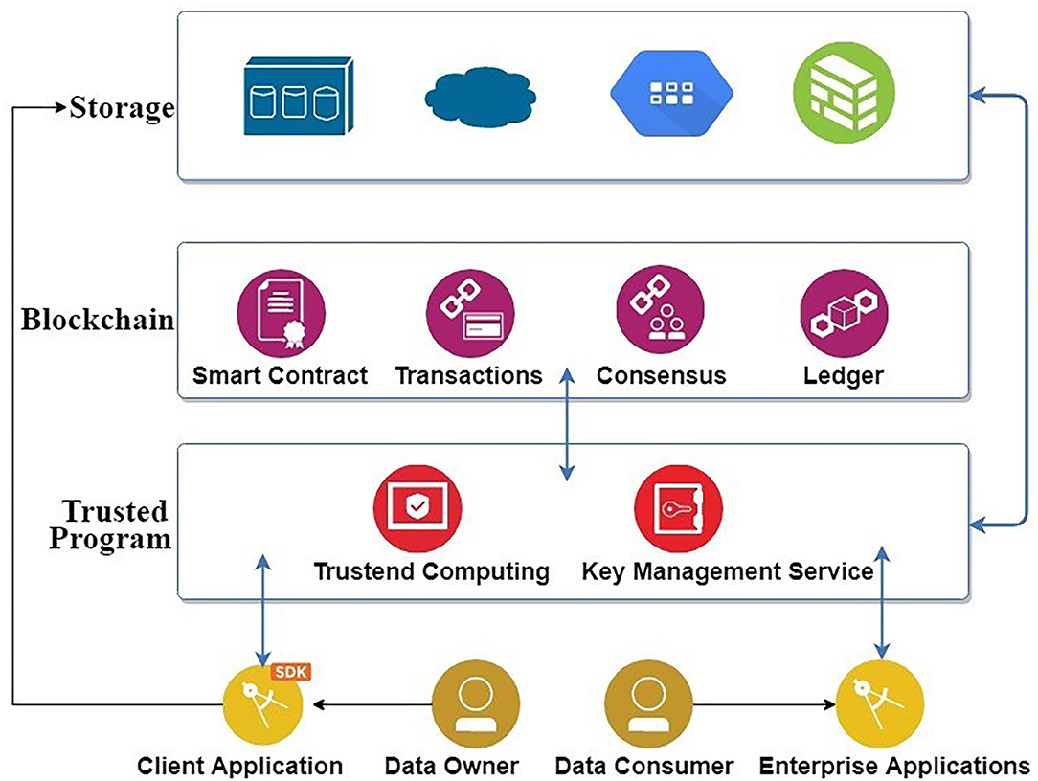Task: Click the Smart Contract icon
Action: point(281,313)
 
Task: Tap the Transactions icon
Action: point(469,313)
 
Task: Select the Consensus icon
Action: point(660,313)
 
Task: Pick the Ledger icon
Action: point(844,313)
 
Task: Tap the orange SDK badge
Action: point(293,672)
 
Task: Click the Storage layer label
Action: point(123,107)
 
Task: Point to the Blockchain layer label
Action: point(98,319)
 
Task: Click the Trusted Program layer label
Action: point(110,524)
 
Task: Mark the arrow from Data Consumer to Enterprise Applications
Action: point(765,706)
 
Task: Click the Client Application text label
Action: point(239,766)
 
